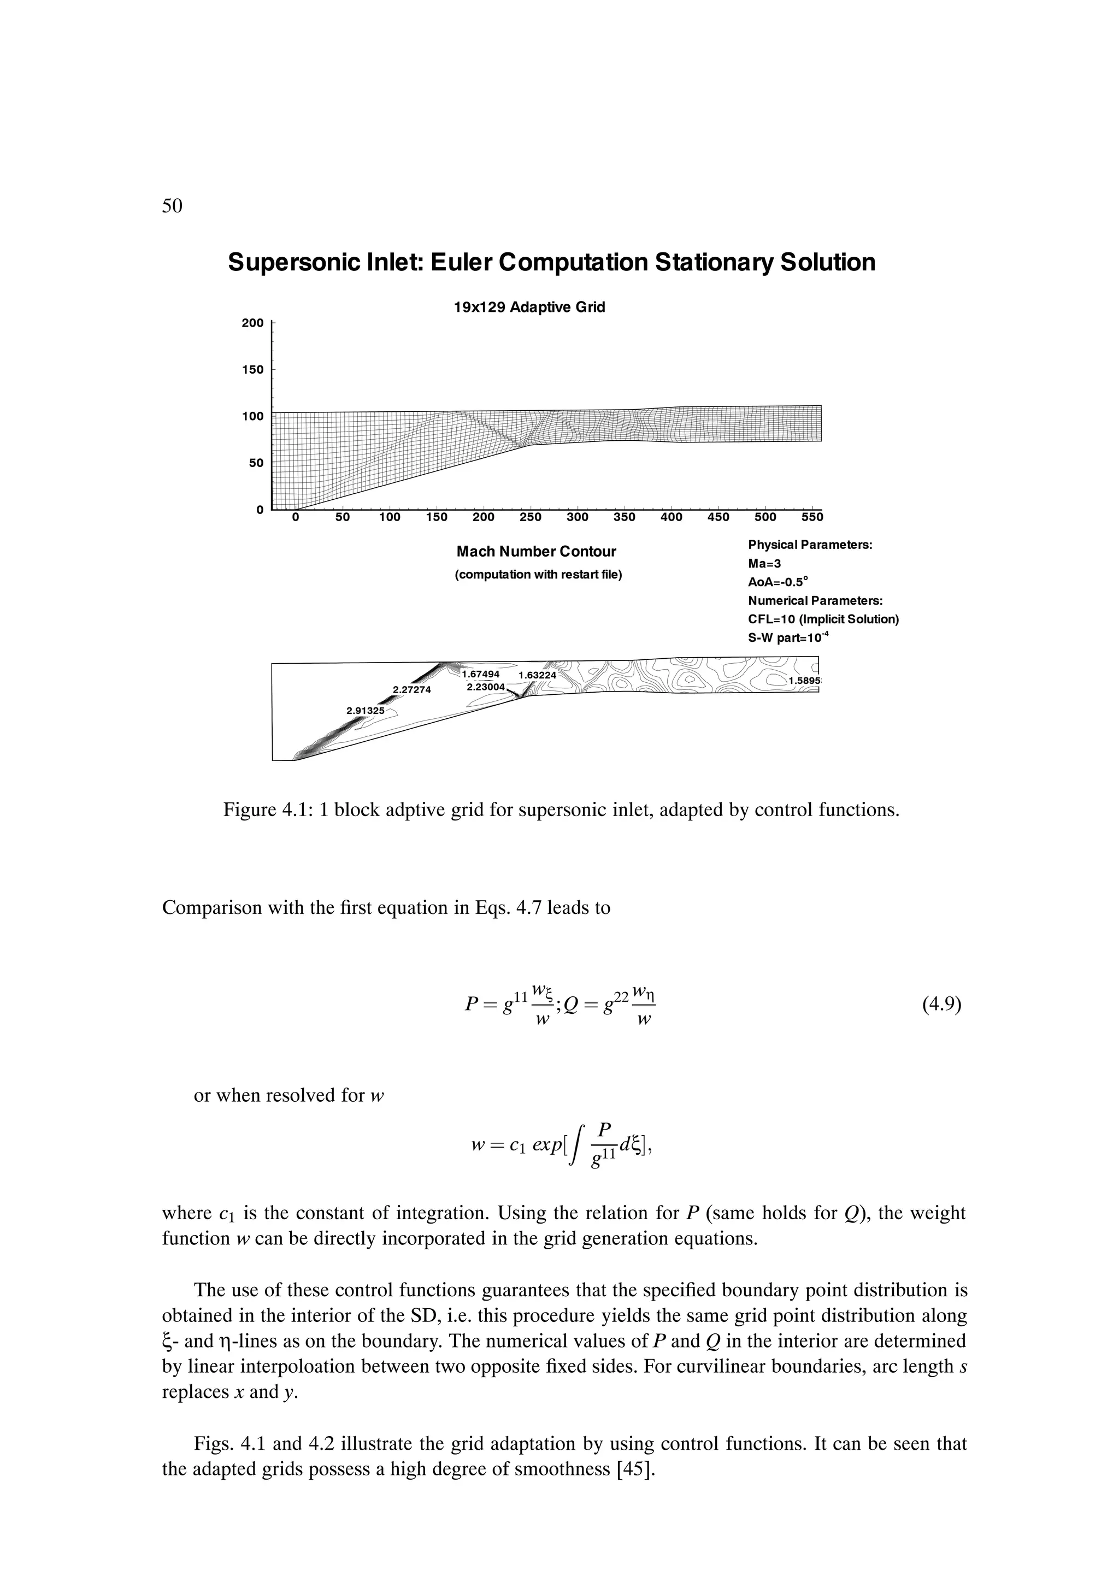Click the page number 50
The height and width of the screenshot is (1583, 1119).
pos(172,205)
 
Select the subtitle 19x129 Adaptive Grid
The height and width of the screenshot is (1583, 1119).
pos(529,308)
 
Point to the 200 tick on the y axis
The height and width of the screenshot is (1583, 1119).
pos(252,323)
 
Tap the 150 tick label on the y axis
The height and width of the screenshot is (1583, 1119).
pos(252,370)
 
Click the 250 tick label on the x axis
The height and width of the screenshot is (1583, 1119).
pos(530,517)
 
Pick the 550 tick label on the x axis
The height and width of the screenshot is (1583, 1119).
pos(812,517)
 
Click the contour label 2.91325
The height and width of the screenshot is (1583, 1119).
pos(365,710)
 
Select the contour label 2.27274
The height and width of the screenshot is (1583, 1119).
pos(411,689)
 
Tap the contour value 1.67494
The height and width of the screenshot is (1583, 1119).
pos(481,674)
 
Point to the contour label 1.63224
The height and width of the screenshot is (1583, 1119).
pos(537,675)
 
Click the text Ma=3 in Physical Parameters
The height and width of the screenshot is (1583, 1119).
pos(764,563)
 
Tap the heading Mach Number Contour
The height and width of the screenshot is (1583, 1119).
pos(535,552)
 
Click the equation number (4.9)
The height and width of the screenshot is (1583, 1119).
pos(941,1004)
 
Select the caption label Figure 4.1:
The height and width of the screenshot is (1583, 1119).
pos(269,809)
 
